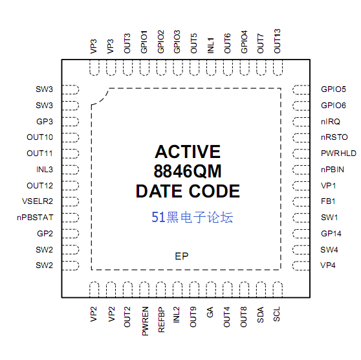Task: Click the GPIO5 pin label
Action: coord(333,89)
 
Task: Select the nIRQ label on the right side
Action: coord(331,122)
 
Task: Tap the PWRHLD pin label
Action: coord(338,153)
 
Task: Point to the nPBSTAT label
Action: coord(35,218)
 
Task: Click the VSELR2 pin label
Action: coord(38,201)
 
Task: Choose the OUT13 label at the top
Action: coord(277,41)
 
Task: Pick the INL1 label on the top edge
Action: coord(210,45)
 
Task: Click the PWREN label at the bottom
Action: coord(145,321)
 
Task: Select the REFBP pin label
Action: coord(161,320)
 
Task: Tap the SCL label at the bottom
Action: coord(276,314)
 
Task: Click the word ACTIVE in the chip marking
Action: coord(188,152)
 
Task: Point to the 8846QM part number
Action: coord(188,171)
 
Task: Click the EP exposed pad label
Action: coord(182,256)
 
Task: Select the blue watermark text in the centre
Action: coord(192,217)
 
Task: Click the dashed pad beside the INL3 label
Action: coord(71,170)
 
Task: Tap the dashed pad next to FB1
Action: coord(301,202)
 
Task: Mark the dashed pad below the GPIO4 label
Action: coord(245,67)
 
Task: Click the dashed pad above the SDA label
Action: coord(261,289)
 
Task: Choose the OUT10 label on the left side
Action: coord(40,137)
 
